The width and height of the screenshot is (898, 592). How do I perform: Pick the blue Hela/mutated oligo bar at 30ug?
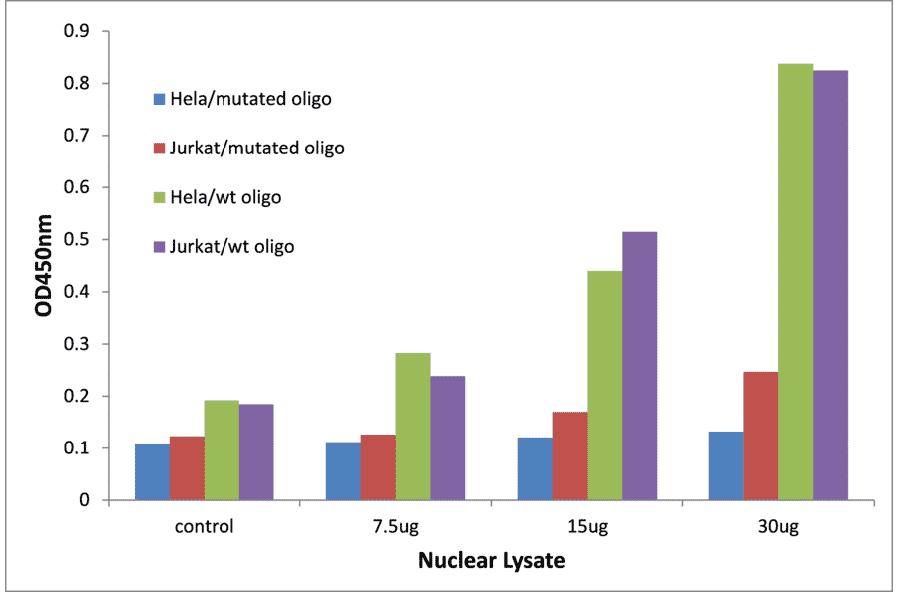click(726, 465)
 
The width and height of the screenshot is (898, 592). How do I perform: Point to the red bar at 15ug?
click(570, 455)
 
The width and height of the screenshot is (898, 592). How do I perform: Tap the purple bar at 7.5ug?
click(447, 438)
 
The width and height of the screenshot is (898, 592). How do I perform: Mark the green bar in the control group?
click(221, 449)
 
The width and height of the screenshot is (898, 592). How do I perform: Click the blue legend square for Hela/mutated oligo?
click(158, 99)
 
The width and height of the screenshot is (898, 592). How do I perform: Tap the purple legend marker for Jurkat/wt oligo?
click(158, 246)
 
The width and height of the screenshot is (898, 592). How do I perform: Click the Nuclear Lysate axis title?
click(491, 561)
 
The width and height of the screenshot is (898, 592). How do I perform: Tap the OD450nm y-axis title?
click(43, 266)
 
